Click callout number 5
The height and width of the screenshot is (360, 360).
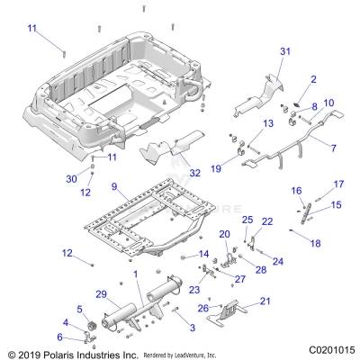pyautogui.click(x=78, y=310)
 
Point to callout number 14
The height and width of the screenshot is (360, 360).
pyautogui.click(x=203, y=255)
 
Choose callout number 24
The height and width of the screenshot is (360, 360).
pyautogui.click(x=278, y=262)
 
